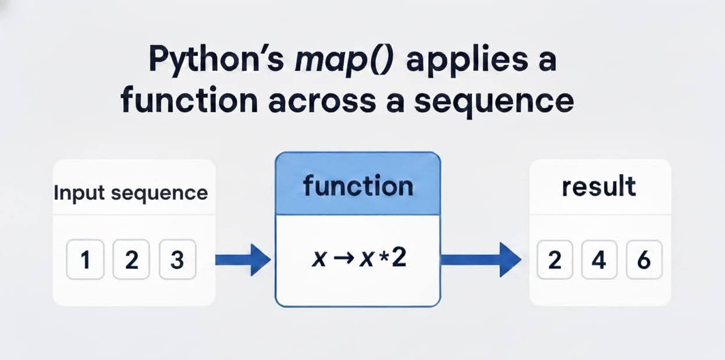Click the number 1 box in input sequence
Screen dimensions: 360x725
pyautogui.click(x=86, y=260)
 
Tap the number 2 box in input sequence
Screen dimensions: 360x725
pyautogui.click(x=132, y=260)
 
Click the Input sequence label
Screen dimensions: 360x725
pyautogui.click(x=131, y=193)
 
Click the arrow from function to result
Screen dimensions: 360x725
pyautogui.click(x=481, y=259)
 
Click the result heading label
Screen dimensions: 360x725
pyautogui.click(x=599, y=187)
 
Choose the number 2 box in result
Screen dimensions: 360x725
pyautogui.click(x=555, y=260)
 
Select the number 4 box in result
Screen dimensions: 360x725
pyautogui.click(x=599, y=260)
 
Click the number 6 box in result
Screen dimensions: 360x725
pyautogui.click(x=644, y=260)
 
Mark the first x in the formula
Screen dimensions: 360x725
pyautogui.click(x=319, y=260)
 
